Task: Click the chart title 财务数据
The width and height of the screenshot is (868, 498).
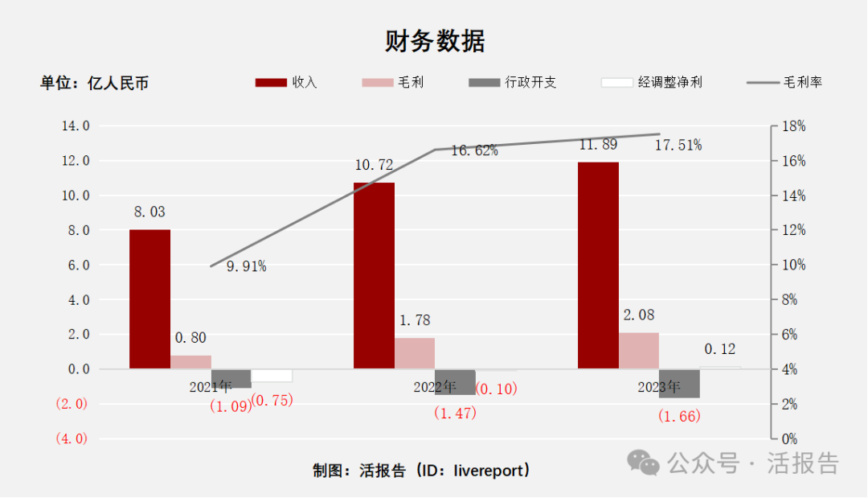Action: tap(434, 40)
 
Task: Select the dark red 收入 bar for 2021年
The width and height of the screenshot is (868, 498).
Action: tap(149, 299)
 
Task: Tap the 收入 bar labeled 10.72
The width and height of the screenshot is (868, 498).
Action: tap(374, 276)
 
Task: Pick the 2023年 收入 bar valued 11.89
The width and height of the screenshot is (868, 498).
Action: tap(598, 265)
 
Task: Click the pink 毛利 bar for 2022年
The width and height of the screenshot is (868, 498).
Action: tap(415, 353)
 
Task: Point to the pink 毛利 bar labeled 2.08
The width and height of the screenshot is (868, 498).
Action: tap(639, 351)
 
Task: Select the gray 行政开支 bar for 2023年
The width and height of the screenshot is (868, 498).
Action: tap(679, 384)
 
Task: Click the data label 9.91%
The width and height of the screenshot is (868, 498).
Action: tap(246, 266)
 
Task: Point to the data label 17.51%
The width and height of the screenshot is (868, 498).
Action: tap(678, 145)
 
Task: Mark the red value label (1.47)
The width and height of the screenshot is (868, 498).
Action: tap(455, 414)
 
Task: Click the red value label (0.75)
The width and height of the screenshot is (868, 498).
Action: tap(272, 400)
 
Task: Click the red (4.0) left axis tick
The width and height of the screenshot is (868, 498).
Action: tap(71, 438)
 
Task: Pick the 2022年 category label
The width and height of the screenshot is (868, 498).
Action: tap(435, 386)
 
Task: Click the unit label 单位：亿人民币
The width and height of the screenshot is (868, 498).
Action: tap(95, 83)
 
